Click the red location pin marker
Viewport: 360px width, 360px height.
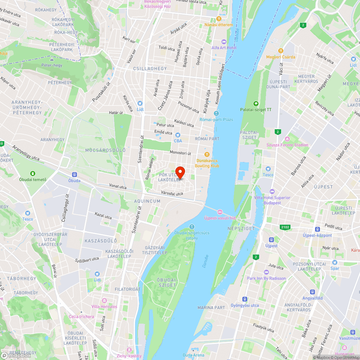180,172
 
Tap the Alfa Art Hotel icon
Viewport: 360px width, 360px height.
224,42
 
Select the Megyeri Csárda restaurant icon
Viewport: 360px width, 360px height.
280,51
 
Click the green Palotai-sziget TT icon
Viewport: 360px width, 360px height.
256,104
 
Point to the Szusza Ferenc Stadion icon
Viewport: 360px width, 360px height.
287,139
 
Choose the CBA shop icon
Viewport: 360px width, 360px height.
178,135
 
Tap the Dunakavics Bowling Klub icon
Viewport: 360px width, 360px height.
207,154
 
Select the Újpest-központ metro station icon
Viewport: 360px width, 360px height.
317,229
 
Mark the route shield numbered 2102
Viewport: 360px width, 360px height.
285,227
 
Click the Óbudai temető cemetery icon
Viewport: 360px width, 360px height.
33,174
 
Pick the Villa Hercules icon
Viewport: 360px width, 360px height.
104,301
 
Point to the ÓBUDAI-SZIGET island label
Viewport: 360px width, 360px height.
167,282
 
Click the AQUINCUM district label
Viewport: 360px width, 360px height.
147,201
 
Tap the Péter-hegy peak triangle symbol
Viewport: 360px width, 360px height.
52,59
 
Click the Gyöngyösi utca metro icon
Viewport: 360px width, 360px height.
245,299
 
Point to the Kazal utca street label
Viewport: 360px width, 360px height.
103,216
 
